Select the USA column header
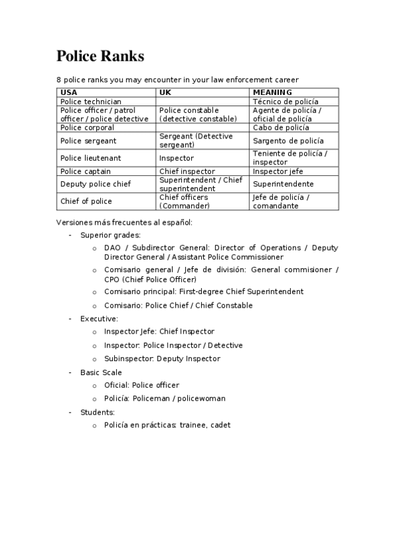click(69, 92)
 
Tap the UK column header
click(165, 92)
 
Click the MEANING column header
click(272, 92)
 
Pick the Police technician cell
click(90, 102)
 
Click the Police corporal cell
click(86, 127)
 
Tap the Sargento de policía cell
click(288, 140)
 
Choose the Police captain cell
click(85, 171)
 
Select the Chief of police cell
click(86, 201)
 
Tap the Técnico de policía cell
click(286, 102)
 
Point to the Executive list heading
click(99, 318)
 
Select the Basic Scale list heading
click(101, 372)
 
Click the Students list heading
click(98, 412)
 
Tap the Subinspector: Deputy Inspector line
click(162, 359)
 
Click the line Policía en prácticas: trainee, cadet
click(167, 425)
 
